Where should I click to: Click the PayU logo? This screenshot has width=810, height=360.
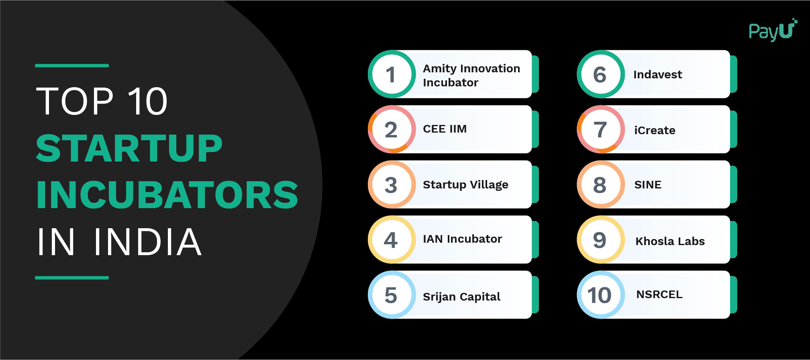tap(772, 31)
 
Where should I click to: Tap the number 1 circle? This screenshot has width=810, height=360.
tap(392, 74)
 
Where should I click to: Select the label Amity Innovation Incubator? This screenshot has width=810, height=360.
tap(471, 75)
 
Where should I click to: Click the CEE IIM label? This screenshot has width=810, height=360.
tap(445, 129)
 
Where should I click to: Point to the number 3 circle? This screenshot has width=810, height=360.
tap(392, 184)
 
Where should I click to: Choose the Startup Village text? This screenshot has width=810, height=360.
tap(465, 184)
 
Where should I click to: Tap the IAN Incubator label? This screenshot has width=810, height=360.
tap(462, 239)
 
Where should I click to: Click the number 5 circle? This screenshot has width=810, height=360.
tap(392, 295)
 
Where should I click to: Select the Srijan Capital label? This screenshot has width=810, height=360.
tap(461, 297)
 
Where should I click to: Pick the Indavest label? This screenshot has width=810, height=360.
tap(657, 75)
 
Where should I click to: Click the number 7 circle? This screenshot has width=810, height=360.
tap(600, 129)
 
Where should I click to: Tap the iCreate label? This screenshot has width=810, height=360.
tap(655, 130)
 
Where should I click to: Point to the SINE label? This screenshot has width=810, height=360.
tap(647, 185)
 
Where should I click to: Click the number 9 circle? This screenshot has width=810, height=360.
tap(600, 240)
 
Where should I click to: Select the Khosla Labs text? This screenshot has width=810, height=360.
tap(670, 241)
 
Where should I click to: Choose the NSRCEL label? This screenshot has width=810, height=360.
tap(659, 295)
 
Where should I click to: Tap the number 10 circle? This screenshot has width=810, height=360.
tap(600, 295)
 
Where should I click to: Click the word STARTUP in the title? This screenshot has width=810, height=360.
tap(129, 148)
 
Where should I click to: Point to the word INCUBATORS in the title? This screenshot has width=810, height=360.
tap(167, 195)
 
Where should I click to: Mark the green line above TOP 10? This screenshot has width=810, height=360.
tap(72, 65)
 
